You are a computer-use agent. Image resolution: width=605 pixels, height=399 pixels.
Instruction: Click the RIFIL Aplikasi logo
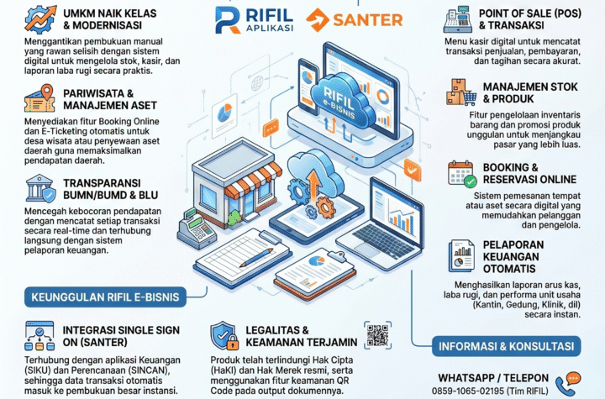coord(255,19)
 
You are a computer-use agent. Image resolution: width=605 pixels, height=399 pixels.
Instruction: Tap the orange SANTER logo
coord(355,19)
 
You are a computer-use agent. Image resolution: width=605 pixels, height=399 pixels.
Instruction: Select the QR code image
coord(377,335)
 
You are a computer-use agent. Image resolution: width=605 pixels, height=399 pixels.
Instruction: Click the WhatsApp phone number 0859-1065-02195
coord(468,391)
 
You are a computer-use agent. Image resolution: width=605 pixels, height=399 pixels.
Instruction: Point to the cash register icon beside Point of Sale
coord(458,19)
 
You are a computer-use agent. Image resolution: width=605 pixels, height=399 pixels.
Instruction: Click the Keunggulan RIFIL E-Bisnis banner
coord(105,297)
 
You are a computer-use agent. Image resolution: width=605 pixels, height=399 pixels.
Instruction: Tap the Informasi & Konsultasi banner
coord(506,346)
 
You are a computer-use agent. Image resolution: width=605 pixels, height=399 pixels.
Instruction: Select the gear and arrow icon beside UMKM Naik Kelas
coord(40,19)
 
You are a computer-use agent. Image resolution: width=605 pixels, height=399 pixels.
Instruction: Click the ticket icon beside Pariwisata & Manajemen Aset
coord(39,98)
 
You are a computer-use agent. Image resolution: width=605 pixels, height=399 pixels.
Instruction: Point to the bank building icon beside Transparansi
coord(40,188)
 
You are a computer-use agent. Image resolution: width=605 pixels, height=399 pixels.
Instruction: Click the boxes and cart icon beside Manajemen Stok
coord(460,92)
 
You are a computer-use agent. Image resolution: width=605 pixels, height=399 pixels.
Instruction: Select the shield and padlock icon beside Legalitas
coord(224,336)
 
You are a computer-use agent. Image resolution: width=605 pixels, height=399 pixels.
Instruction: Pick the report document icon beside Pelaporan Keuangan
coord(461,256)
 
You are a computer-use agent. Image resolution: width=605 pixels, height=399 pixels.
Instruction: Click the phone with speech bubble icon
coord(567,384)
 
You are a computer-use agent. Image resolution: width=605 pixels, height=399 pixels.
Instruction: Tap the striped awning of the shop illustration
coord(254,180)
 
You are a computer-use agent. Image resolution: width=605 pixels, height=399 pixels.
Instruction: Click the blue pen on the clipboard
coord(255,258)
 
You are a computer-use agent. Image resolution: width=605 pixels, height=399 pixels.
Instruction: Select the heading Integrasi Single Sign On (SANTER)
coord(121,336)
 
